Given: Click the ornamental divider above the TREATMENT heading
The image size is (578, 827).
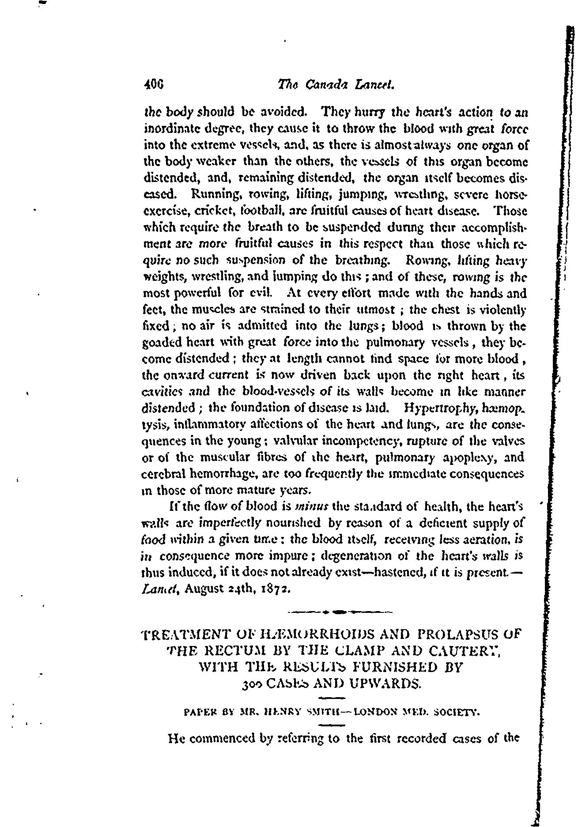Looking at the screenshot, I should click(338, 612).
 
